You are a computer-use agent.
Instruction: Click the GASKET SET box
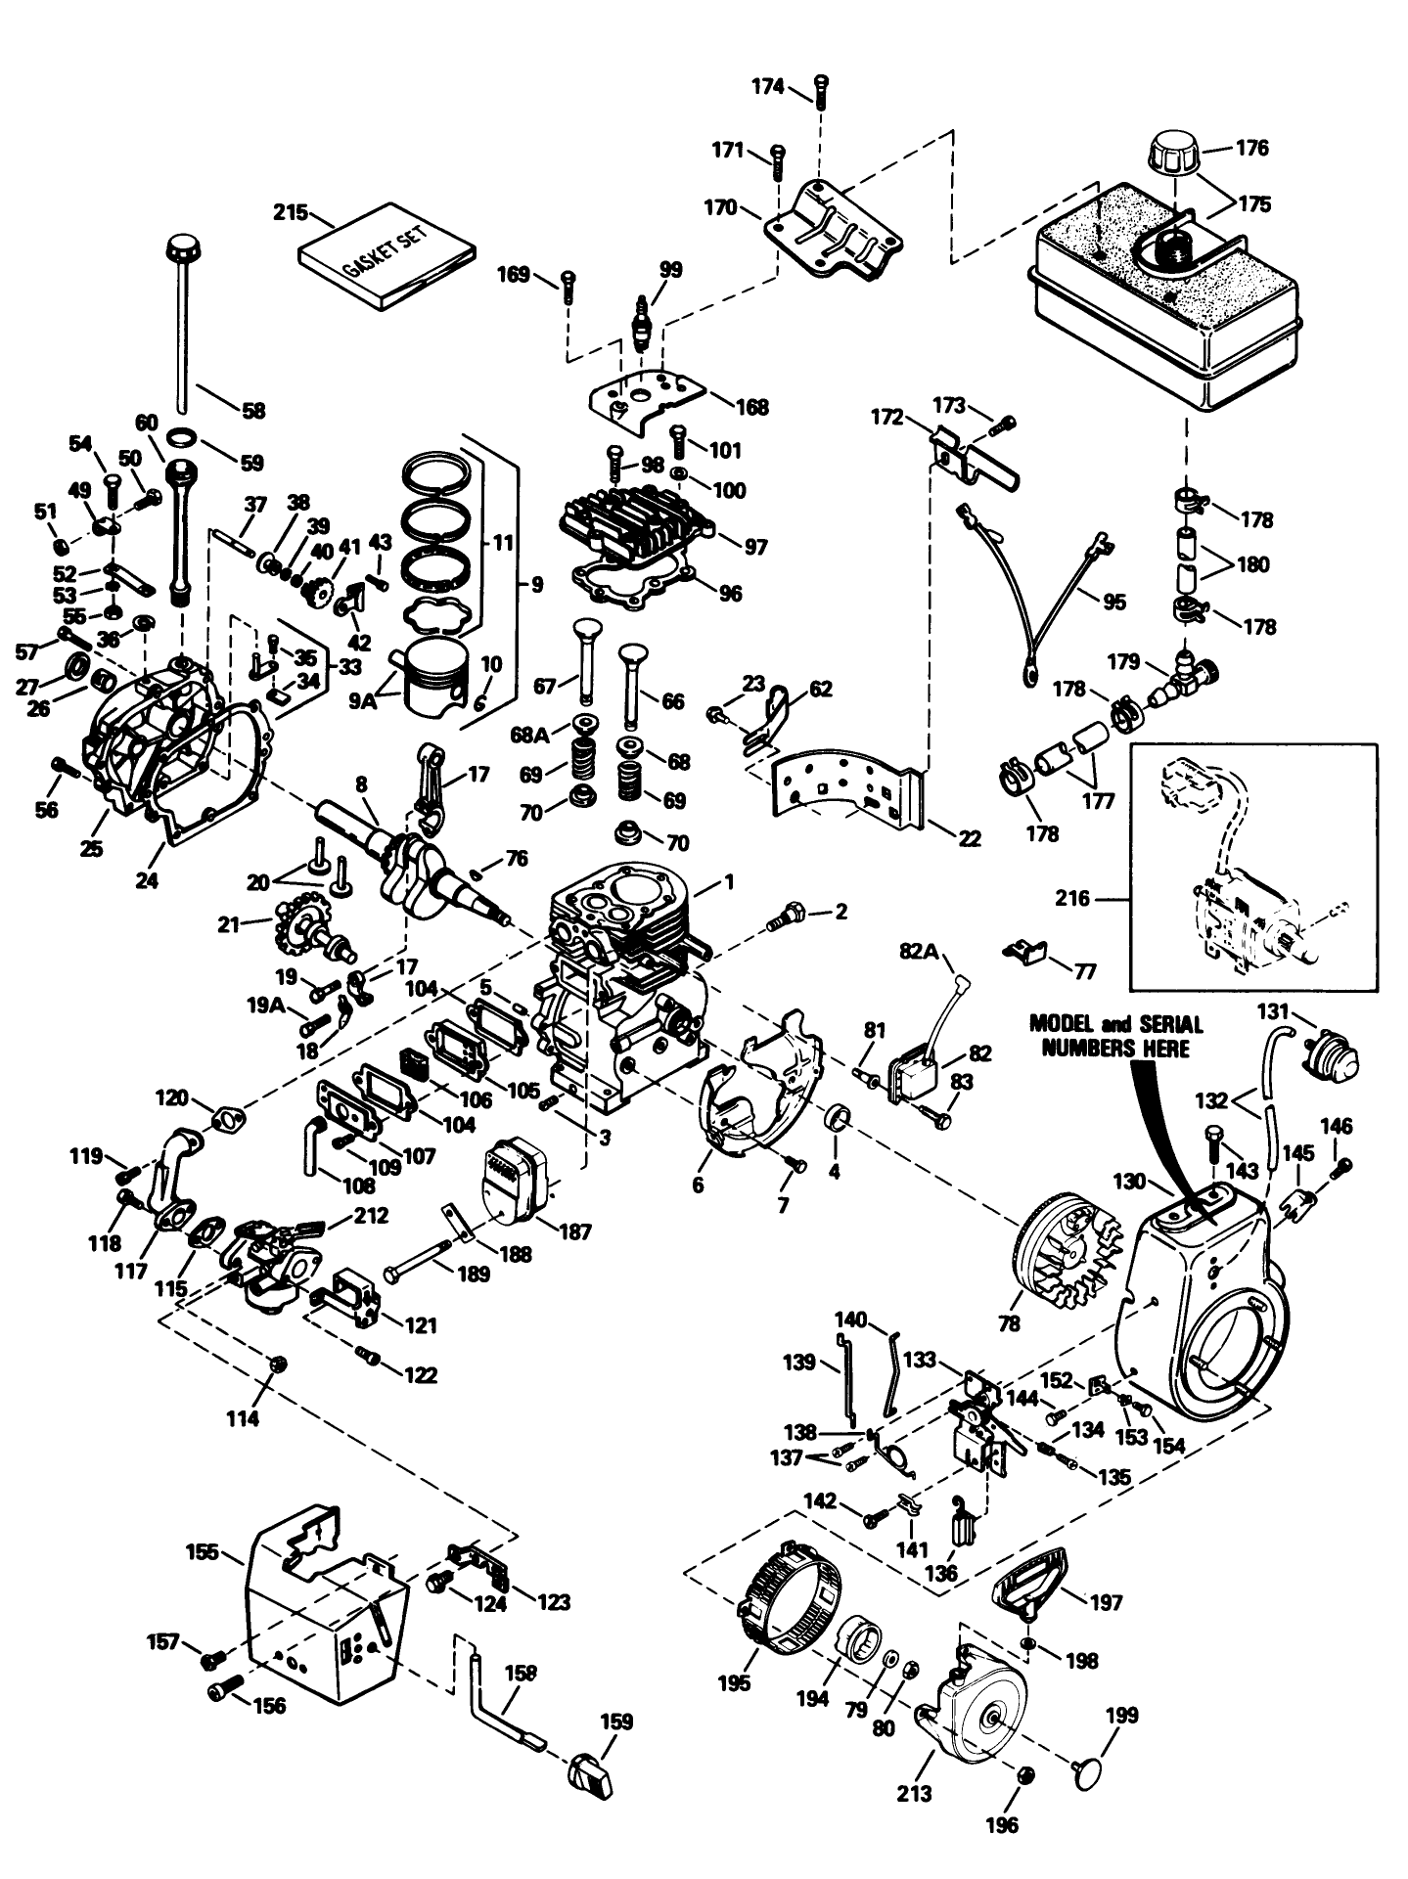387,255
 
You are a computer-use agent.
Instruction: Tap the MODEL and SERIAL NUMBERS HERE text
1115,1036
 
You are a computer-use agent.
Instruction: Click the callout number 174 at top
768,87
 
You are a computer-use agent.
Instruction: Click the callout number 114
243,1418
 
